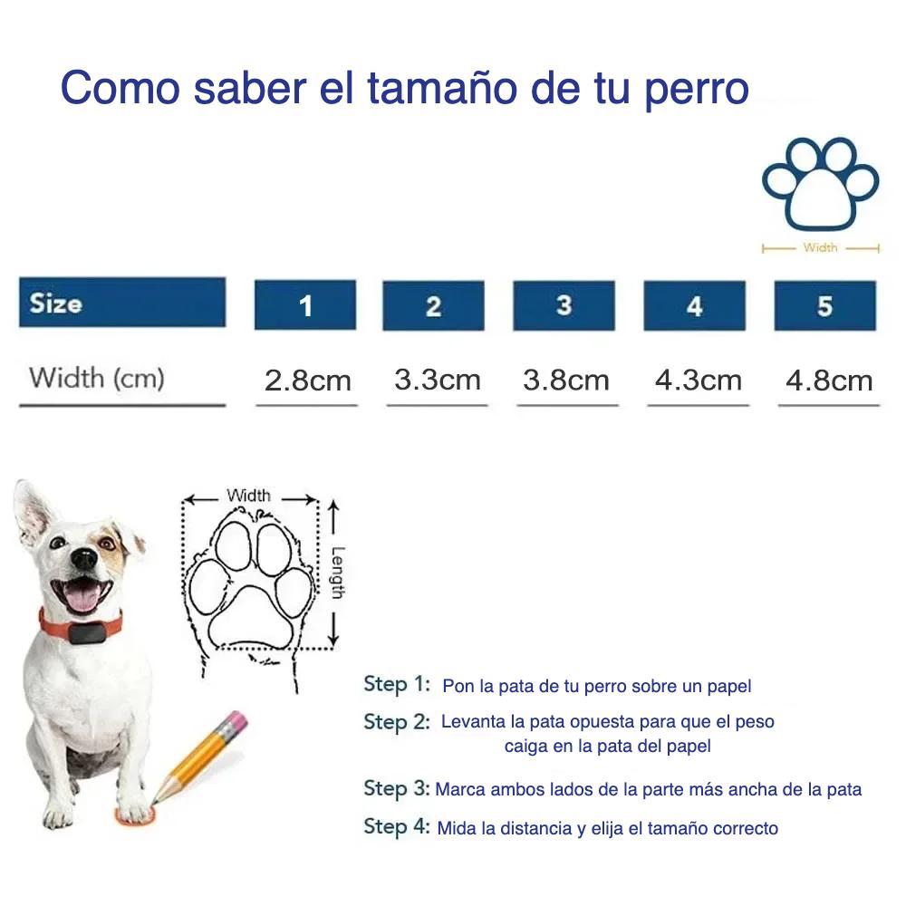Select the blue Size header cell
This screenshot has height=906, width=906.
click(x=122, y=303)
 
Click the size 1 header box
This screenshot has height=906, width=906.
click(x=305, y=305)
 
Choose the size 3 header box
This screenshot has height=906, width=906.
click(x=564, y=305)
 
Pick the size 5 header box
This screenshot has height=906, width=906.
click(x=825, y=305)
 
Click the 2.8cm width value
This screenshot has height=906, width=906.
click(x=307, y=381)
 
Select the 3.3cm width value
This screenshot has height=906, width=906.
click(x=438, y=381)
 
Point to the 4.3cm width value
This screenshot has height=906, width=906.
click(x=698, y=381)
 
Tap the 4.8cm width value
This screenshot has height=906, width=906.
click(x=829, y=381)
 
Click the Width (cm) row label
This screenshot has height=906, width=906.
click(x=97, y=379)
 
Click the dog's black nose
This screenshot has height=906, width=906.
click(x=84, y=558)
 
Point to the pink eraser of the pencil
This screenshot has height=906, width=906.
click(x=235, y=720)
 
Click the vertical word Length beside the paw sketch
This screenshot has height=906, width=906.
click(x=338, y=573)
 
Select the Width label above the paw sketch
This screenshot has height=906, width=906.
click(x=248, y=496)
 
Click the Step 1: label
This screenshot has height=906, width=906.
click(x=397, y=684)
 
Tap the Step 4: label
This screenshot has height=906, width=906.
click(x=397, y=827)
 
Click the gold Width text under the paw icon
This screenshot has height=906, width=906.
click(x=820, y=247)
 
